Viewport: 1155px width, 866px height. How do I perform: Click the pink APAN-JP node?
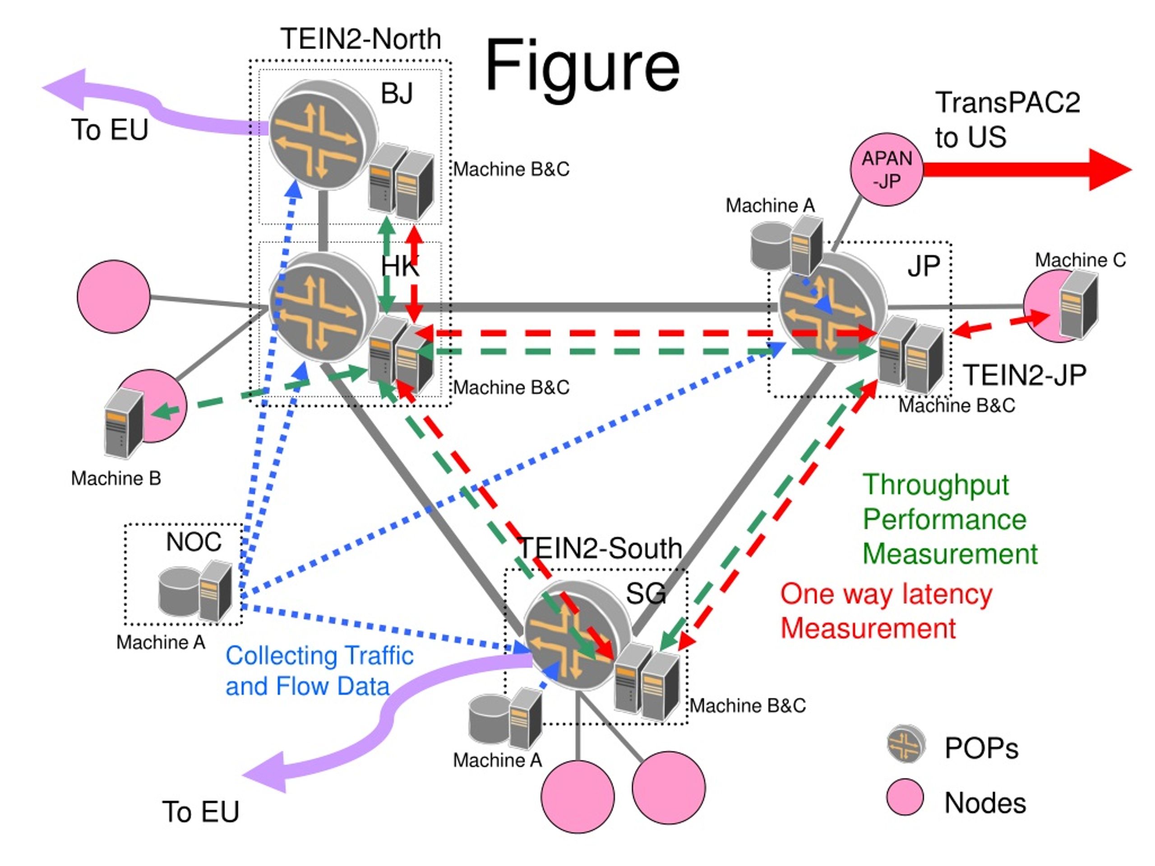tap(887, 169)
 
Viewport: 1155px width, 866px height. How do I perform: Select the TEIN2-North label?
tap(361, 39)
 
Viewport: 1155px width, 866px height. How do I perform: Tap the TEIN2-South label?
tap(601, 548)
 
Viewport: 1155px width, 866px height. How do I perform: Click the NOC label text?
tap(193, 542)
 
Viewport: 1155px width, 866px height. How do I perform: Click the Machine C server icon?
tap(1078, 305)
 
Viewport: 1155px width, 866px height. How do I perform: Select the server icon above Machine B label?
tap(123, 424)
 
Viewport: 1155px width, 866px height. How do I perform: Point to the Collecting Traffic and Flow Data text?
tap(319, 671)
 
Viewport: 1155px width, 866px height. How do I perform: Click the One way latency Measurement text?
tap(886, 611)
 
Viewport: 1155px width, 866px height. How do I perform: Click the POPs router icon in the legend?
tap(906, 744)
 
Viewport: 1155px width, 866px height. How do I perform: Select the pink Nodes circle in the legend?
tap(906, 797)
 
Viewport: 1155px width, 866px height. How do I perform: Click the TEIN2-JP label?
tap(1025, 375)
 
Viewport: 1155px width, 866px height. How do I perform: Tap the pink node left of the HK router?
tap(113, 296)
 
